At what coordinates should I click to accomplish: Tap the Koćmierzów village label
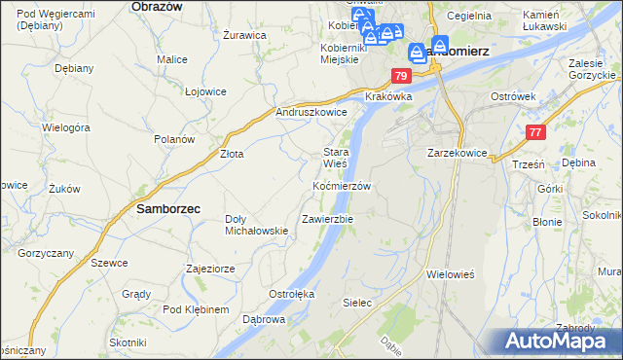342,185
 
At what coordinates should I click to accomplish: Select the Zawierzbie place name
327,219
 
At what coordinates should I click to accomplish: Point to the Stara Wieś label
336,158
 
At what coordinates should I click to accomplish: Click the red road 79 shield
401,76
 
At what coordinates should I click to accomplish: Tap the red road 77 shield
535,132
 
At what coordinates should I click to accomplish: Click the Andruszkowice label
311,112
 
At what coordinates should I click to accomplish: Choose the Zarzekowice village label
457,154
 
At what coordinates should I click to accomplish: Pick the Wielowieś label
450,274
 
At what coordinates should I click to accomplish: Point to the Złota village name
231,154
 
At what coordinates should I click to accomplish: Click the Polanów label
174,139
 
